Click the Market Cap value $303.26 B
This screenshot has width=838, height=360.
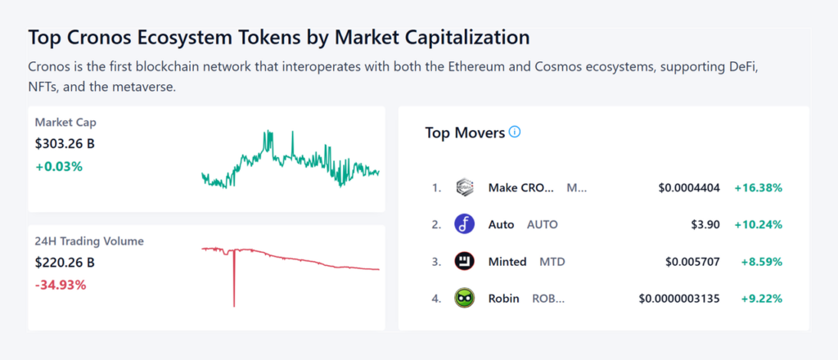pos(65,144)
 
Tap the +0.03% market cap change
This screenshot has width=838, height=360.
pos(59,166)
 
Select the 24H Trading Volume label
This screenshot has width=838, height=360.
pos(89,241)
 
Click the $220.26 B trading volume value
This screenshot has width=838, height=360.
pos(65,263)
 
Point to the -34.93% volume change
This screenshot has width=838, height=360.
pos(61,285)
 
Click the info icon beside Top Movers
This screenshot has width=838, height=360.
pos(515,132)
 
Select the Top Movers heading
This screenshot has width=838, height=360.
pos(465,133)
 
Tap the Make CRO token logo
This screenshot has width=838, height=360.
pos(464,187)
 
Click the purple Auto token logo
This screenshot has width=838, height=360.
pos(464,224)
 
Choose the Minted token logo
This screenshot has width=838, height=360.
pos(464,262)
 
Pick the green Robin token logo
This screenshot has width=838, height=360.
pos(464,299)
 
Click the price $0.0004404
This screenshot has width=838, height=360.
pos(689,188)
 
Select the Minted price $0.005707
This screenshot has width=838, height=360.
pos(692,262)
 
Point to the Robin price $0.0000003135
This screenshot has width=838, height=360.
pos(679,299)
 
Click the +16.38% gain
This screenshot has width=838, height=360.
pos(758,188)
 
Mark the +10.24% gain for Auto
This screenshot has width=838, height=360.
pos(758,224)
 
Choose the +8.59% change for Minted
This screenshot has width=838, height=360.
pos(761,262)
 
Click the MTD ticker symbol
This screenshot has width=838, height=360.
pos(552,262)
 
